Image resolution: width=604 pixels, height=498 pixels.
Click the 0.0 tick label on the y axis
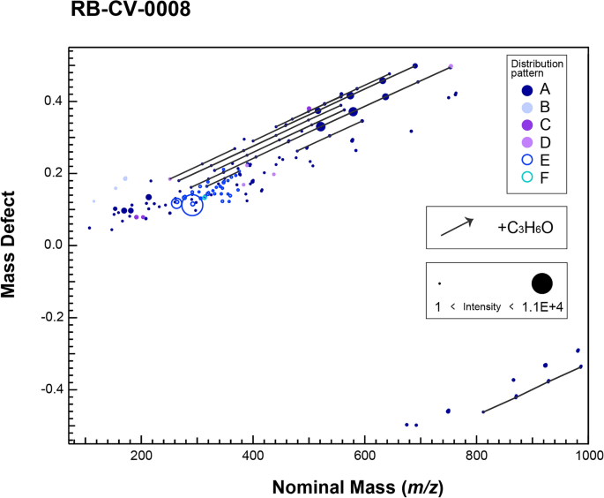pyautogui.click(x=50, y=245)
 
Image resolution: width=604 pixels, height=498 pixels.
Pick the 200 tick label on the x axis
pyautogui.click(x=141, y=457)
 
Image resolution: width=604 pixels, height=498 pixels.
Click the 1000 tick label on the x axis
pyautogui.click(x=588, y=457)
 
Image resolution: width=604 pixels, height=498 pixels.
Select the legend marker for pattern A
pyautogui.click(x=526, y=89)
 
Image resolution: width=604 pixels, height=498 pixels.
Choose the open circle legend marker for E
pyautogui.click(x=526, y=160)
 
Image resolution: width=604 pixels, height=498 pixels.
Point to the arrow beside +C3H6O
pyautogui.click(x=457, y=227)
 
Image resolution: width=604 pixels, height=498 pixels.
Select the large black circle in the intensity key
pyautogui.click(x=541, y=283)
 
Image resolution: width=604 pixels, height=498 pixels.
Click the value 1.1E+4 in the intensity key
pyautogui.click(x=556, y=306)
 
